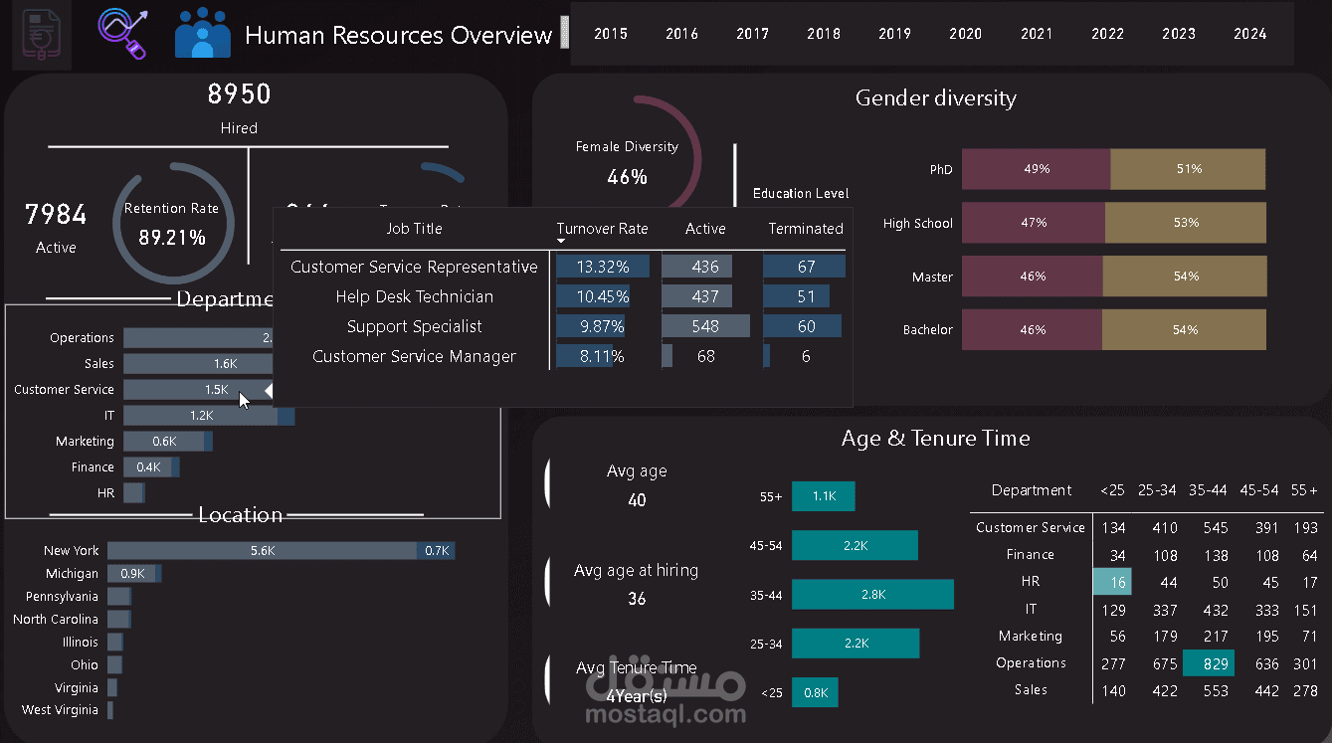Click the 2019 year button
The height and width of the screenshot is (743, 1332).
(x=894, y=34)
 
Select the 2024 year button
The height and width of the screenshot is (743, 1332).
(x=1249, y=34)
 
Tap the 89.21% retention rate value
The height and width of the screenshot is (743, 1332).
(x=172, y=238)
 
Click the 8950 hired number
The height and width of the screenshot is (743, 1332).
(x=239, y=94)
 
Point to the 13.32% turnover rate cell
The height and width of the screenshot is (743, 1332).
(x=602, y=267)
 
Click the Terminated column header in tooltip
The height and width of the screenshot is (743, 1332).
(x=805, y=229)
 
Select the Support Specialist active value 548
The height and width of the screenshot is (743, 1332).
(x=705, y=326)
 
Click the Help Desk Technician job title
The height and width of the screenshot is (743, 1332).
(x=414, y=296)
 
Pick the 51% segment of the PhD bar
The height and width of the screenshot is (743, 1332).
(x=1188, y=169)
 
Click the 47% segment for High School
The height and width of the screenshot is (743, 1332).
(x=1034, y=223)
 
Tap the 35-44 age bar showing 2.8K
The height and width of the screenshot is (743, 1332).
(x=872, y=595)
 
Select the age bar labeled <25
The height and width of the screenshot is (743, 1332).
(x=815, y=693)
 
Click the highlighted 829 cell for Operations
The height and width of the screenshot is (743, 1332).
(x=1208, y=663)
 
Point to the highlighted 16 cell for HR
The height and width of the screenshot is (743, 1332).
(x=1112, y=582)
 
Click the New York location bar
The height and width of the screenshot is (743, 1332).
(x=263, y=550)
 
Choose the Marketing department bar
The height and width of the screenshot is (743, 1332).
(x=164, y=442)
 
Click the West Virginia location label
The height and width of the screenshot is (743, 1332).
(x=60, y=710)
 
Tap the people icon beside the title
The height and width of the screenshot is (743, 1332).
(x=203, y=34)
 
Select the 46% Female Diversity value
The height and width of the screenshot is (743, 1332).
(x=627, y=177)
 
